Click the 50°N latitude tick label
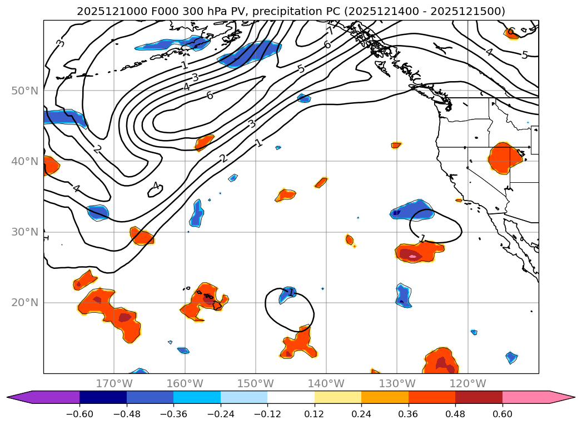pos(24,91)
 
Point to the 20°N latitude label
pos(24,303)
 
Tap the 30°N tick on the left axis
pos(24,232)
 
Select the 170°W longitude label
pos(114,383)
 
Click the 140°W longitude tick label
pos(326,383)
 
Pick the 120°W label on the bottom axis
pos(467,383)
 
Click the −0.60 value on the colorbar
pos(79,414)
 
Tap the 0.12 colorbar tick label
pos(315,414)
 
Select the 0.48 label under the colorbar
pos(455,414)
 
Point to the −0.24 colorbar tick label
pos(221,414)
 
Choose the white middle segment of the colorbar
pos(291,397)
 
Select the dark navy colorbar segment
pos(103,397)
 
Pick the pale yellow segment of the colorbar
pos(338,397)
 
